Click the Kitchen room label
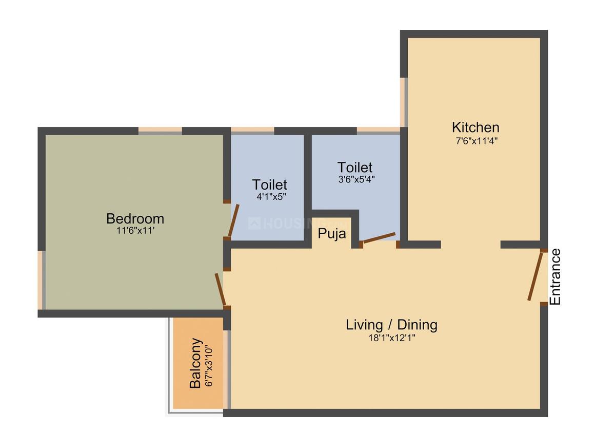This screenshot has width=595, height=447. (475, 127)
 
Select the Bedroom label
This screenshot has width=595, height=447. (135, 218)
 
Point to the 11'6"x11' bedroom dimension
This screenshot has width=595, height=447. (135, 231)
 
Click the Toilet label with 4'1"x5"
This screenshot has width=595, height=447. (269, 184)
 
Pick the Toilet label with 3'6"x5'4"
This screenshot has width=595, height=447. (354, 167)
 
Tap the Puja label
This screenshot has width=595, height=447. (332, 234)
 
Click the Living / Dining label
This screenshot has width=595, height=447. (391, 325)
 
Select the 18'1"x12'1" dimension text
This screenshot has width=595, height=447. (391, 338)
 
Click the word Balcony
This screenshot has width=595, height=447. (195, 363)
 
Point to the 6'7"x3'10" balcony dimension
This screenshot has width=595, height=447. (209, 366)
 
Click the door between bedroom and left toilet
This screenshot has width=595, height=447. (233, 220)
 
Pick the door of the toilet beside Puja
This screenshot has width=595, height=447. (379, 237)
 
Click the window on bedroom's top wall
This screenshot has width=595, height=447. (160, 131)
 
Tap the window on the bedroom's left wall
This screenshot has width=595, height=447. (41, 280)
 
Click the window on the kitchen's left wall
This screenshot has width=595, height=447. (404, 102)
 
